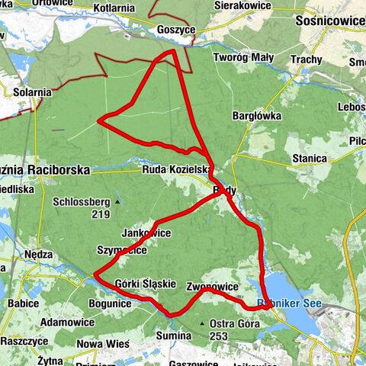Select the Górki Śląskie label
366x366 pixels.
point(146,284)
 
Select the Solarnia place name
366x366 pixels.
point(33,92)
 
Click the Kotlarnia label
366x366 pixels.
point(113,8)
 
